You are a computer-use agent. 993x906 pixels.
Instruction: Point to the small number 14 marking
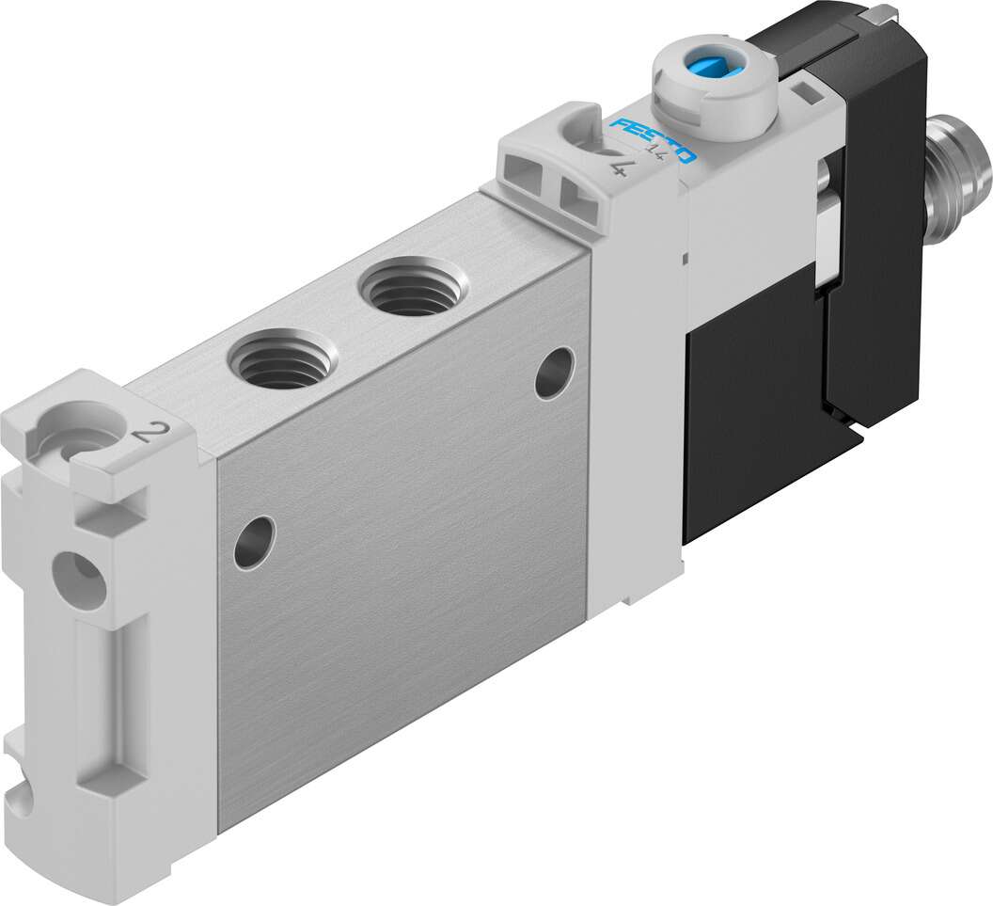pyautogui.click(x=653, y=151)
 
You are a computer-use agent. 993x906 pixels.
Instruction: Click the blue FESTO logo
pyautogui.click(x=653, y=139)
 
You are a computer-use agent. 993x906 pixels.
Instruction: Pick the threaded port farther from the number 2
pyautogui.click(x=413, y=285)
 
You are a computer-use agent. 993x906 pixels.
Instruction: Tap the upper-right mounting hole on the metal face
pyautogui.click(x=555, y=374)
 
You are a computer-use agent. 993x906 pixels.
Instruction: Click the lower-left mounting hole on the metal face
pyautogui.click(x=255, y=542)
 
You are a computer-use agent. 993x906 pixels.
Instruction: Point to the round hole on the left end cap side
pyautogui.click(x=79, y=580)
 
